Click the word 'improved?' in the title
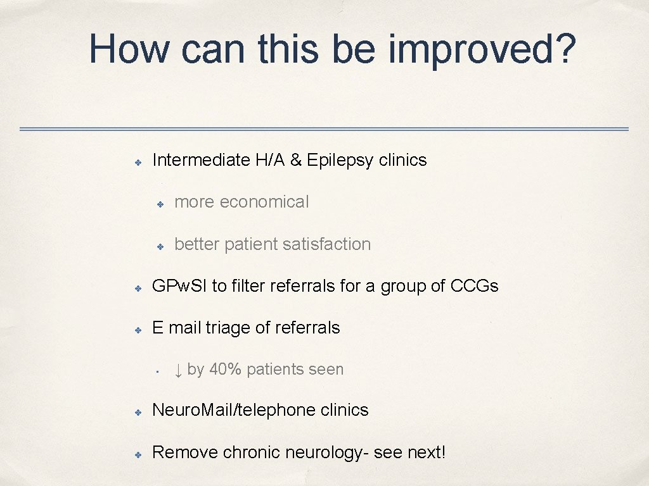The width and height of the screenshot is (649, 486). click(x=482, y=49)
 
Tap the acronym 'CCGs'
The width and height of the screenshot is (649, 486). click(x=474, y=286)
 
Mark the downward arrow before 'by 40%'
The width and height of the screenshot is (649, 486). click(x=178, y=370)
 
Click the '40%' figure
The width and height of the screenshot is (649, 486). click(x=225, y=370)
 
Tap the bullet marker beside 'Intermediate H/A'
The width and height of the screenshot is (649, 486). click(x=137, y=161)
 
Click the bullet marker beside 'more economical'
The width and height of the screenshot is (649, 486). click(x=161, y=203)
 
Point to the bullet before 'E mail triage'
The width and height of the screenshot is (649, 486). click(x=137, y=329)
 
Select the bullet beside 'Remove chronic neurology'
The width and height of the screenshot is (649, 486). click(x=137, y=454)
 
